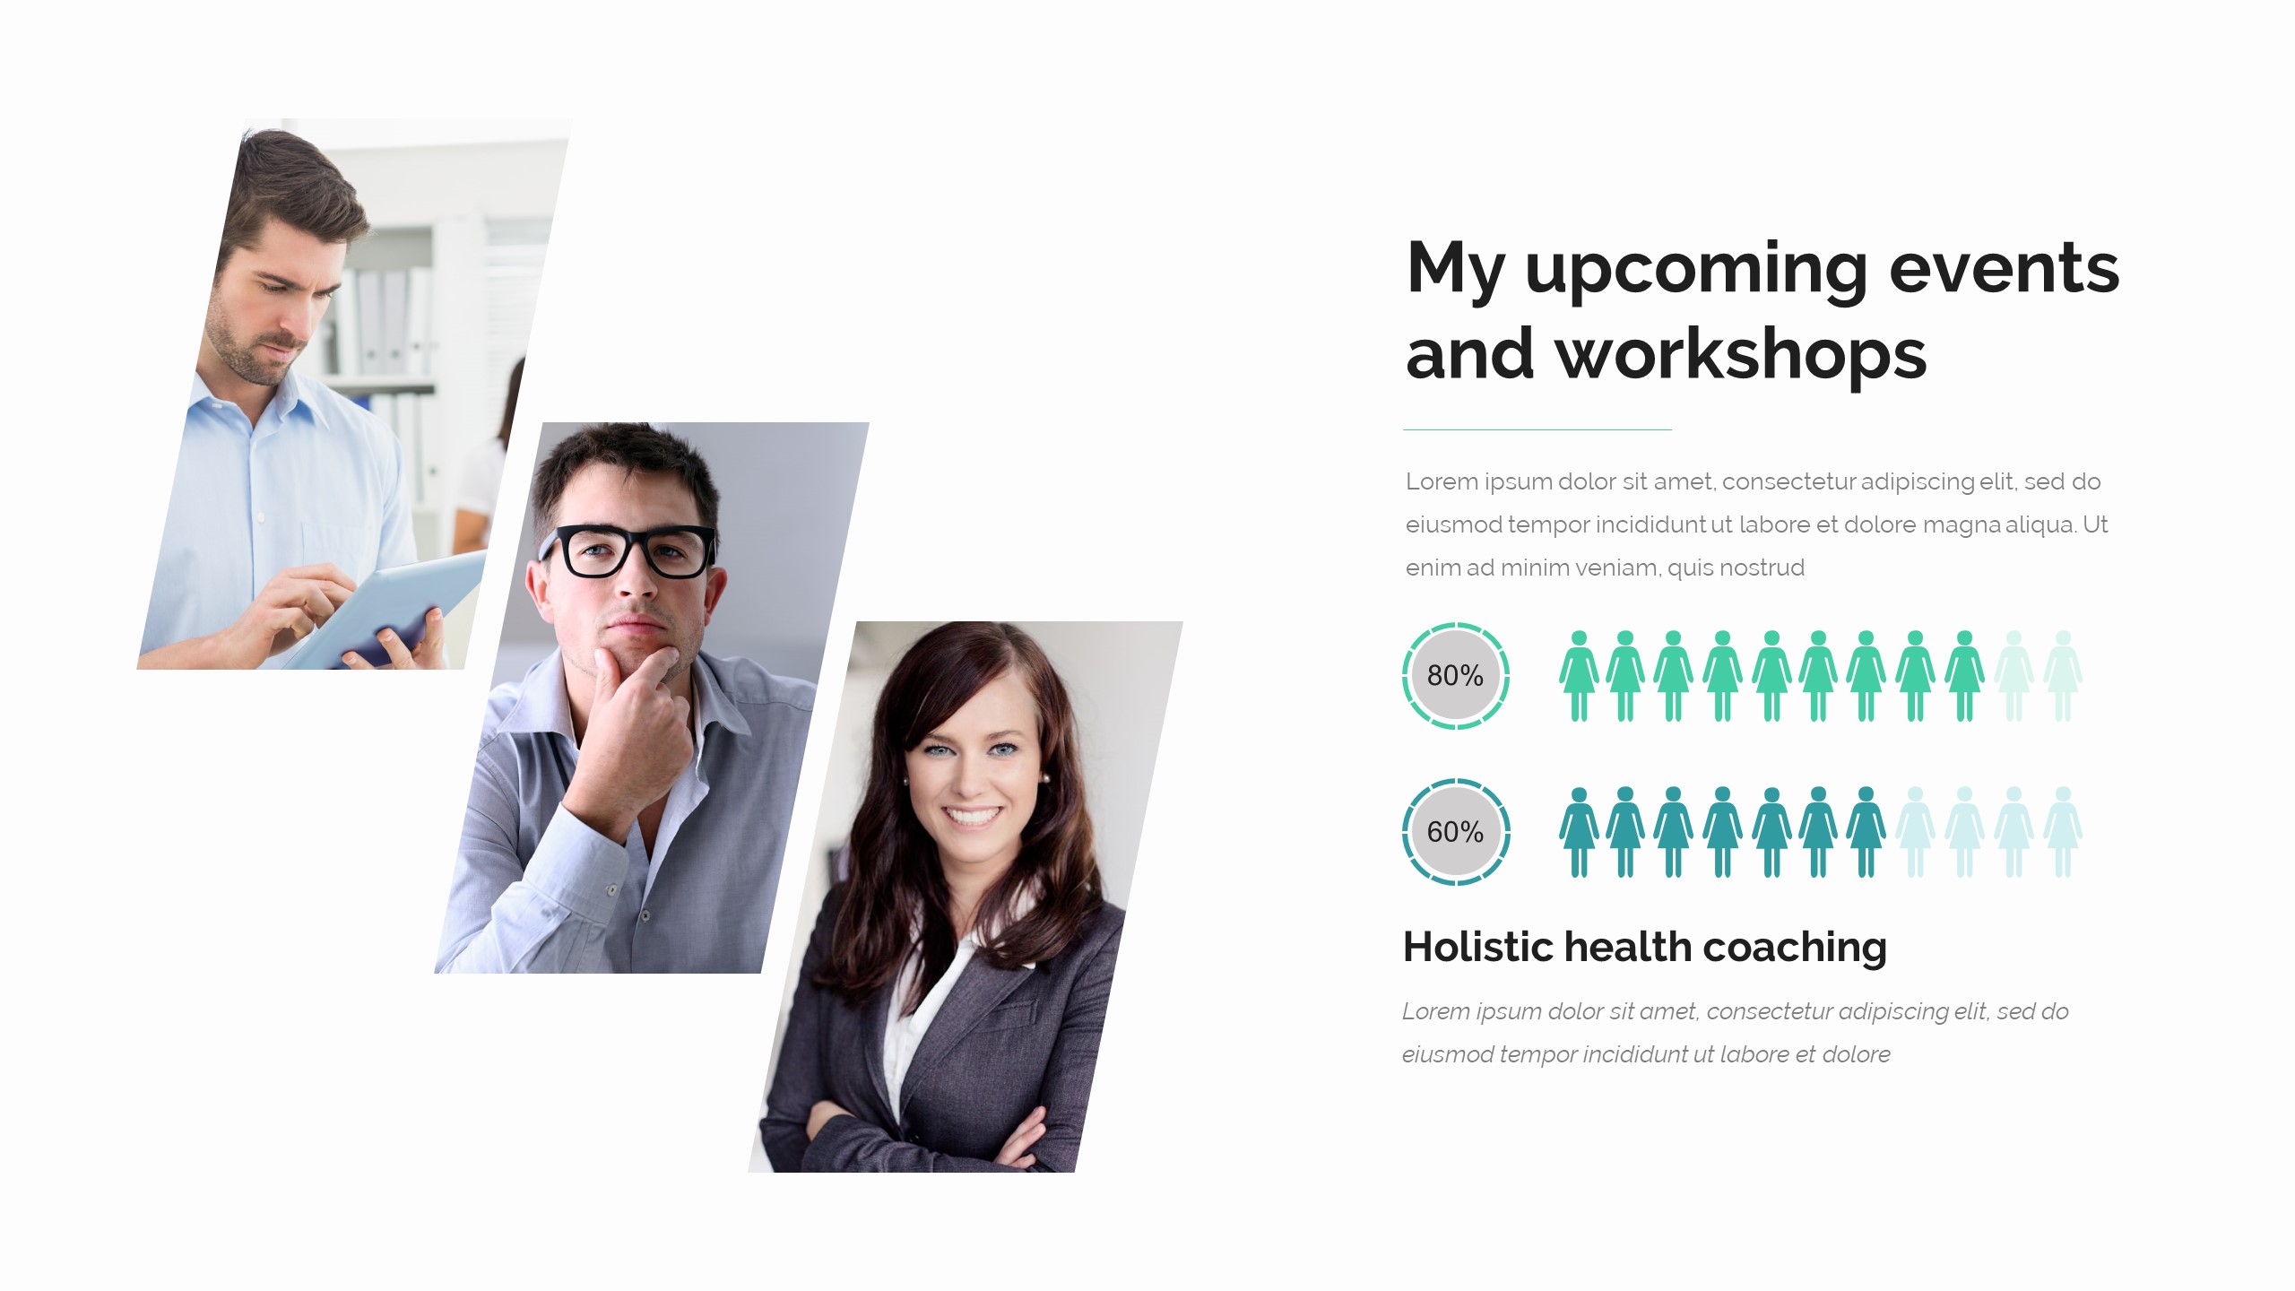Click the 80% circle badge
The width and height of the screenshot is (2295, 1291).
tap(1456, 676)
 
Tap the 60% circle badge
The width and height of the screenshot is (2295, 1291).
tap(1456, 832)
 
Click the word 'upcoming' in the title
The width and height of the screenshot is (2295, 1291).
tap(1696, 270)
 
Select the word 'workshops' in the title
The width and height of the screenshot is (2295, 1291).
tap(1740, 355)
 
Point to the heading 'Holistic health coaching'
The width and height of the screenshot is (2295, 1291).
tap(1644, 947)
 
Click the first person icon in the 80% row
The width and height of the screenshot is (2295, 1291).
tap(1579, 676)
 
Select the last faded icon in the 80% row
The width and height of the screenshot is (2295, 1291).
tap(2062, 676)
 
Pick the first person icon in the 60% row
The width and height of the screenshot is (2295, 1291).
tap(1579, 832)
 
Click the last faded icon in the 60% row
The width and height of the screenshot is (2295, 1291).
tap(2062, 832)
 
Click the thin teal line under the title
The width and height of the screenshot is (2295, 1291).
tap(1537, 429)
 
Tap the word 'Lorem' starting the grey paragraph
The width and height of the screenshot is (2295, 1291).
tap(1442, 481)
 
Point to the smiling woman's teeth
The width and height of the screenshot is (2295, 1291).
tap(972, 817)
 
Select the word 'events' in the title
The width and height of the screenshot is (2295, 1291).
tap(2004, 268)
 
